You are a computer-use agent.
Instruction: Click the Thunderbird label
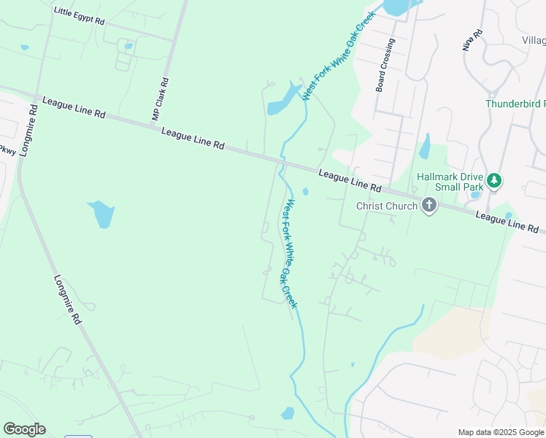click(x=515, y=104)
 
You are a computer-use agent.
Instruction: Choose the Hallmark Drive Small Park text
click(x=449, y=182)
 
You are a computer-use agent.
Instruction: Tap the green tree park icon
click(x=494, y=180)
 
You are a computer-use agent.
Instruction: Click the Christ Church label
click(x=386, y=206)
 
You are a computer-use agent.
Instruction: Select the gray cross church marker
click(x=428, y=206)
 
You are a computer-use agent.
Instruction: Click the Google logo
click(x=24, y=429)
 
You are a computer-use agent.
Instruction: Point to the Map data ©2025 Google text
click(x=501, y=432)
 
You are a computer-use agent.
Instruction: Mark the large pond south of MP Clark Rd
click(x=101, y=214)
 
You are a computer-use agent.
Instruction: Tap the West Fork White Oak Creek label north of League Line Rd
click(x=339, y=55)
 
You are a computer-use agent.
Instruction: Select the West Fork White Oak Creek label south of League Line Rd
click(x=291, y=253)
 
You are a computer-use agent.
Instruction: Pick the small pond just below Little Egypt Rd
click(x=128, y=46)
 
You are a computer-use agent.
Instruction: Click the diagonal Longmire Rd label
click(x=67, y=299)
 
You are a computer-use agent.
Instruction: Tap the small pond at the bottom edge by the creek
click(x=287, y=413)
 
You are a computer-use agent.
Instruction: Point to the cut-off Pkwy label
click(x=7, y=150)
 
